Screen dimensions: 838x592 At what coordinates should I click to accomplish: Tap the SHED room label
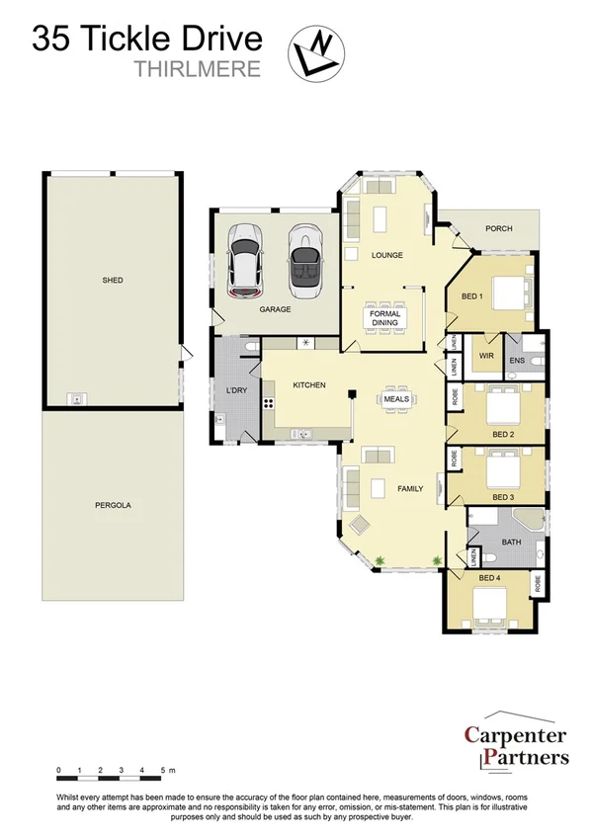113,281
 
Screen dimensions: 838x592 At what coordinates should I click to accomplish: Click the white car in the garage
245,260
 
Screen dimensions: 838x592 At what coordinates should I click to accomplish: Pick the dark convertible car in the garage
306,260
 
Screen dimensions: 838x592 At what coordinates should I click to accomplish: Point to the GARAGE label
275,309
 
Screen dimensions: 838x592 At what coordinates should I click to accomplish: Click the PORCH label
499,229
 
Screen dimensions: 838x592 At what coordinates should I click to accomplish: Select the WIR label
486,355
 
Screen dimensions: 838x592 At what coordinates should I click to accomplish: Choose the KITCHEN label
308,384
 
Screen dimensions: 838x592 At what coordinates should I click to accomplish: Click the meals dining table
397,399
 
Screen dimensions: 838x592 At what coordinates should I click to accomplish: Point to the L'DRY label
235,391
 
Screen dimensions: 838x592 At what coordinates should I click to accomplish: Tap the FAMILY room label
410,488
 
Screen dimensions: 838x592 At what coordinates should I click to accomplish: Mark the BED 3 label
503,496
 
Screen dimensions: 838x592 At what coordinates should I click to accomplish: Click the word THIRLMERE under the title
197,69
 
